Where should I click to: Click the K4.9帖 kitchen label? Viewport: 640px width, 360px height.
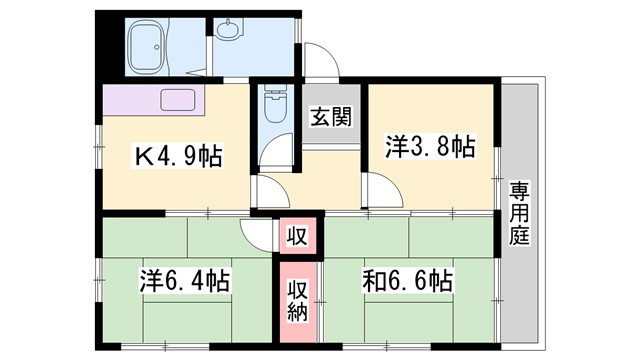179,156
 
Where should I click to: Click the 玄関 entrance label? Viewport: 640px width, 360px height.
329,117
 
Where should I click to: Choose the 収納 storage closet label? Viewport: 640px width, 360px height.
299,299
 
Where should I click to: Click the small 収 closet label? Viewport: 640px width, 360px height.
298,237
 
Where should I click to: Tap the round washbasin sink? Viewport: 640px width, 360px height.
229,29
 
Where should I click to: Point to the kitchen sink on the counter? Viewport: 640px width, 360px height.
179,100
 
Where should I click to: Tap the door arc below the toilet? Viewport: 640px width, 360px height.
272,190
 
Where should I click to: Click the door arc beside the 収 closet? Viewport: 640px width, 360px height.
259,236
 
